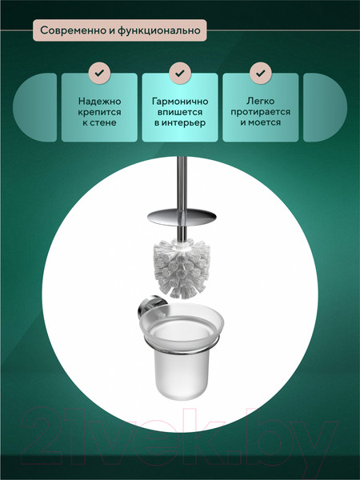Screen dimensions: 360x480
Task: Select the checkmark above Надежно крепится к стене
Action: pyautogui.click(x=99, y=73)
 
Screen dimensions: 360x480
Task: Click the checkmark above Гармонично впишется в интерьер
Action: pyautogui.click(x=180, y=73)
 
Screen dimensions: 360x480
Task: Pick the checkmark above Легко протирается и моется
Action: pyautogui.click(x=261, y=73)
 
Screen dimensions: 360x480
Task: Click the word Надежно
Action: pyautogui.click(x=99, y=102)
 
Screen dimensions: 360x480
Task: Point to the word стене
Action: pyautogui.click(x=104, y=122)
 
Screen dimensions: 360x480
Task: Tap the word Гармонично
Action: pyautogui.click(x=180, y=102)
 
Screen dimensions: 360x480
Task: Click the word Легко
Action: pyautogui.click(x=261, y=101)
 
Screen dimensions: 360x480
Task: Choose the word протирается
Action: pyautogui.click(x=261, y=112)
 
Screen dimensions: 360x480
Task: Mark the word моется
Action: pyautogui.click(x=264, y=122)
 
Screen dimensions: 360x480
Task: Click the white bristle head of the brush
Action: pyautogui.click(x=182, y=269)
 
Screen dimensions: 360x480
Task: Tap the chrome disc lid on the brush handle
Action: pyautogui.click(x=182, y=217)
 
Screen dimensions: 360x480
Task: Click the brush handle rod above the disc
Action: pyautogui.click(x=182, y=182)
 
